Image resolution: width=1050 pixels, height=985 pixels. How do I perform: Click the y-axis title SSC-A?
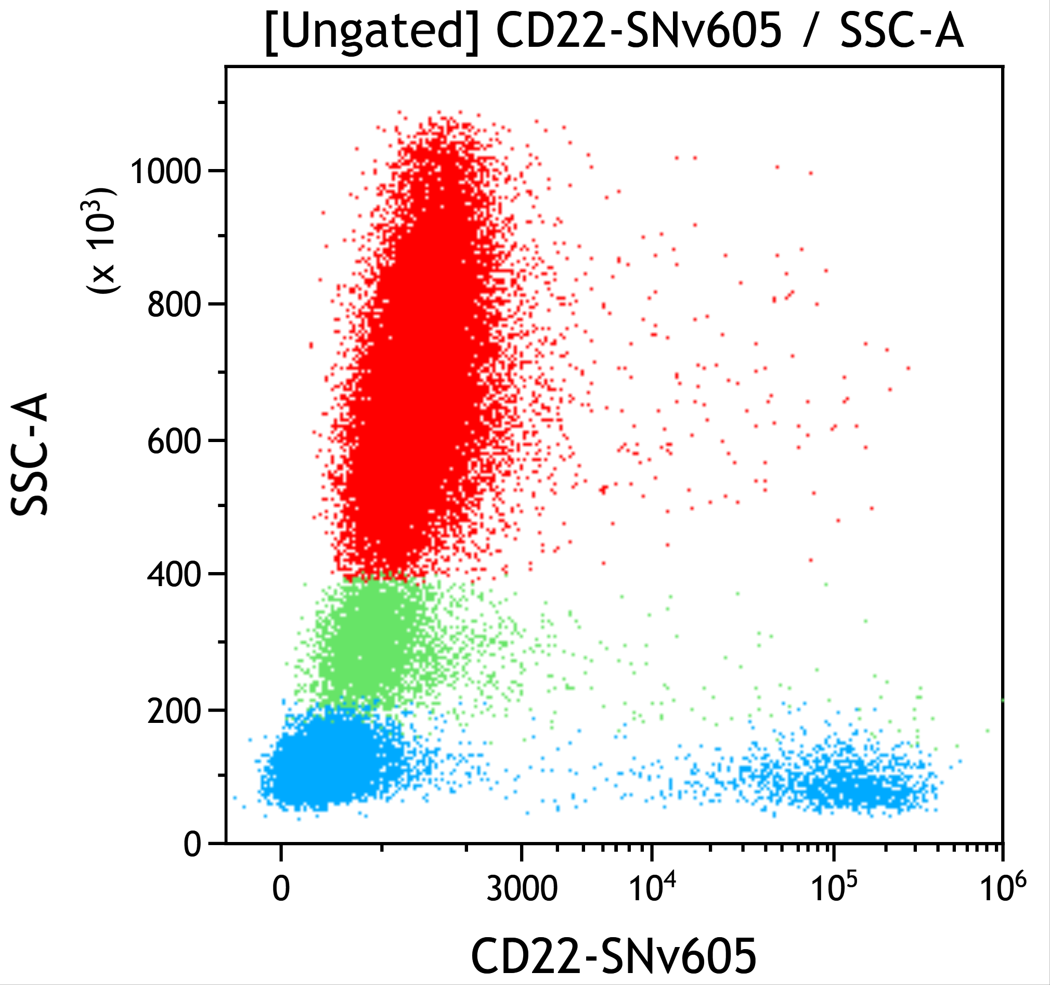coord(30,454)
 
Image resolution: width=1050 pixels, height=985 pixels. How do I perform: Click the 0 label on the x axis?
coord(281,888)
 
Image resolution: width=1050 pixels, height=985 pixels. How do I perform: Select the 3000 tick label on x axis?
coord(521,888)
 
